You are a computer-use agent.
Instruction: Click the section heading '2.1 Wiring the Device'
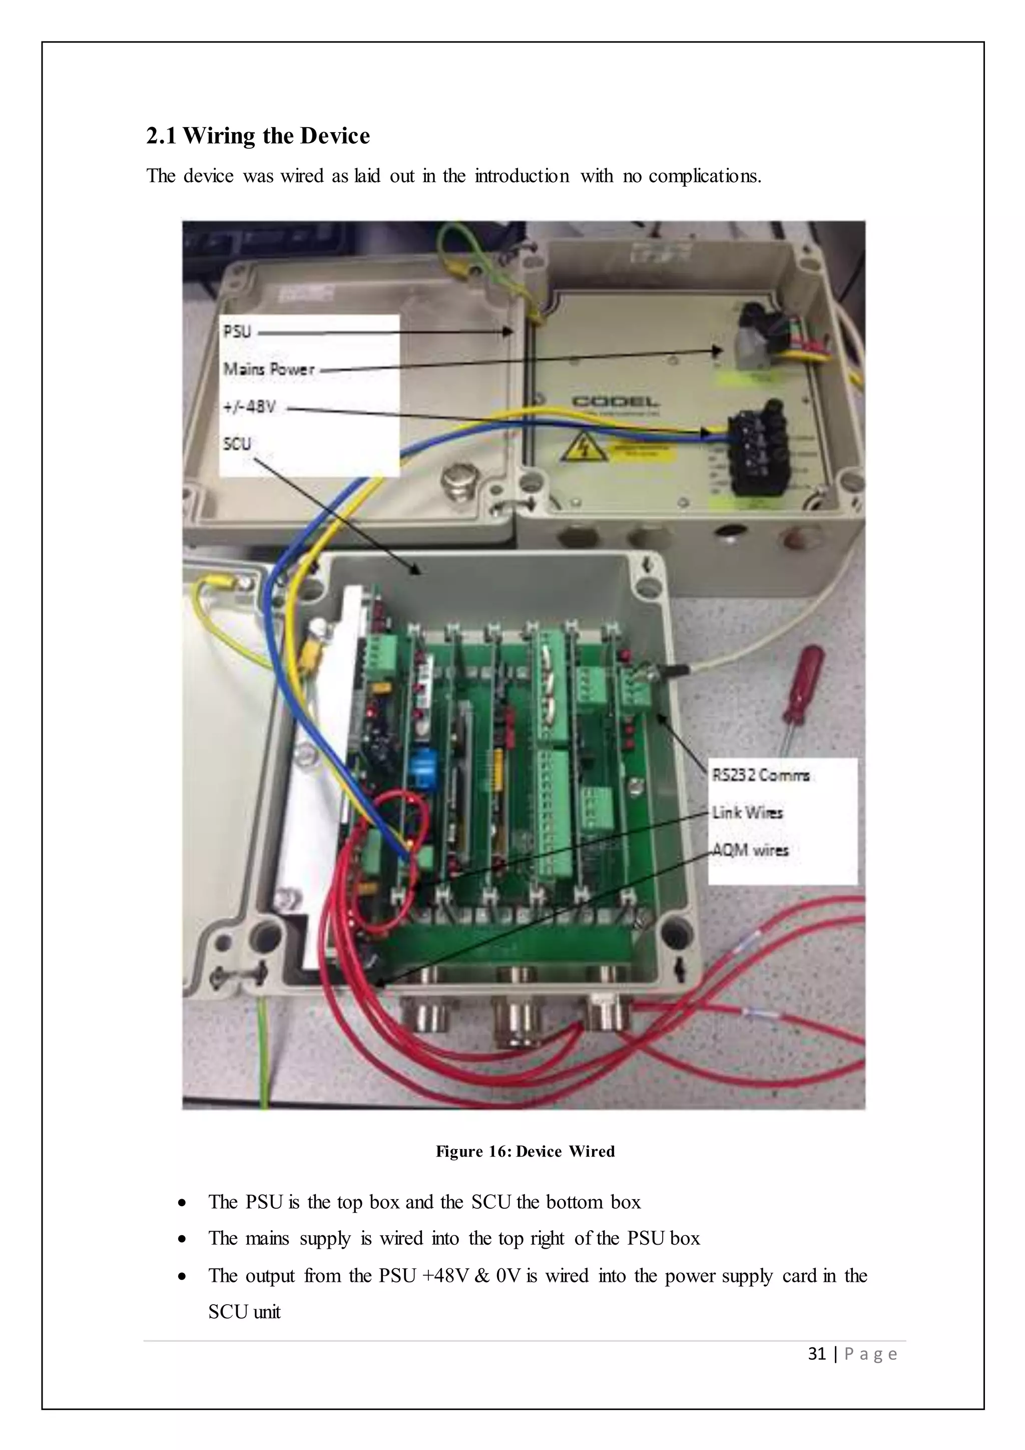(x=258, y=136)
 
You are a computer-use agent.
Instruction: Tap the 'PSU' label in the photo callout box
(x=237, y=331)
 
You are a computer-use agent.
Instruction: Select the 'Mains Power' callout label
(x=269, y=370)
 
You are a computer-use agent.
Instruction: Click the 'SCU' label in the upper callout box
(x=237, y=444)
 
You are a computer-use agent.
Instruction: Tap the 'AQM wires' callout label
(x=750, y=850)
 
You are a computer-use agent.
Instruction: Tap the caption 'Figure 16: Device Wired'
(x=525, y=1151)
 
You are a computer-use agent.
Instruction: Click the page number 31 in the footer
(x=817, y=1353)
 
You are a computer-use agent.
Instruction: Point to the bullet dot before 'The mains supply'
(x=182, y=1240)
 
